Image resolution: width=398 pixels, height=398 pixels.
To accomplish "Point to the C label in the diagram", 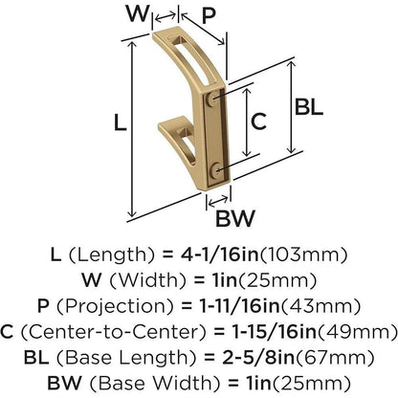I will [258, 120].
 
